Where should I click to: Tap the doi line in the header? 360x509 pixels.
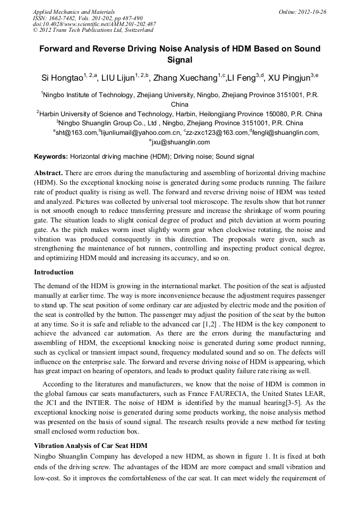click(x=95, y=24)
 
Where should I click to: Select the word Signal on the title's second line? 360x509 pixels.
click(x=180, y=60)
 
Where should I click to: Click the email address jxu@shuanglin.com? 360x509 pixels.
click(x=181, y=142)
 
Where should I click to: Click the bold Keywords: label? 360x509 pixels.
click(x=51, y=157)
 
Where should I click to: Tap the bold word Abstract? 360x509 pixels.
click(x=48, y=173)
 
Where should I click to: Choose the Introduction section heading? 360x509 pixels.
click(x=54, y=272)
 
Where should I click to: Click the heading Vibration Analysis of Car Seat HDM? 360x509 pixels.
click(x=90, y=445)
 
